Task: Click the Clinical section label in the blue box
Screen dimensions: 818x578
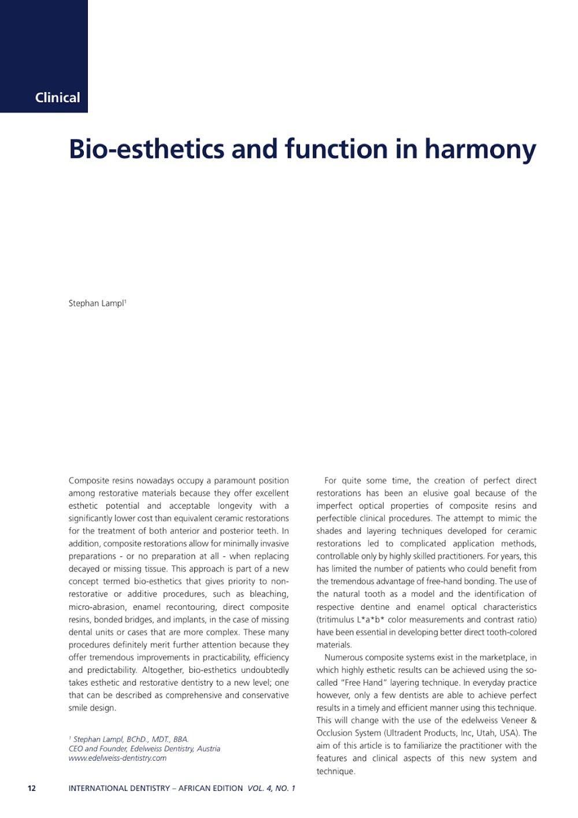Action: click(x=57, y=97)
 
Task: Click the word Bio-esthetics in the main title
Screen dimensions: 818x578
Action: click(x=146, y=149)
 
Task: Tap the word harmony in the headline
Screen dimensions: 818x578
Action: click(x=480, y=149)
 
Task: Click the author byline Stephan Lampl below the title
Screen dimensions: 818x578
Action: click(x=97, y=303)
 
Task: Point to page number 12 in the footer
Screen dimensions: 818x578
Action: click(x=32, y=788)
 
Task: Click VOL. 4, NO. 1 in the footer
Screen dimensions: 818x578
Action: click(x=271, y=788)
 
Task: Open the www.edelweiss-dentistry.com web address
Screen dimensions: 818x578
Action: click(x=117, y=758)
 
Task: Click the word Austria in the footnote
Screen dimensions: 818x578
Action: click(x=208, y=749)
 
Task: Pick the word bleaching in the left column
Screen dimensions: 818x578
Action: click(x=268, y=594)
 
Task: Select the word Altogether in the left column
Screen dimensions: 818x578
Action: click(x=162, y=670)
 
